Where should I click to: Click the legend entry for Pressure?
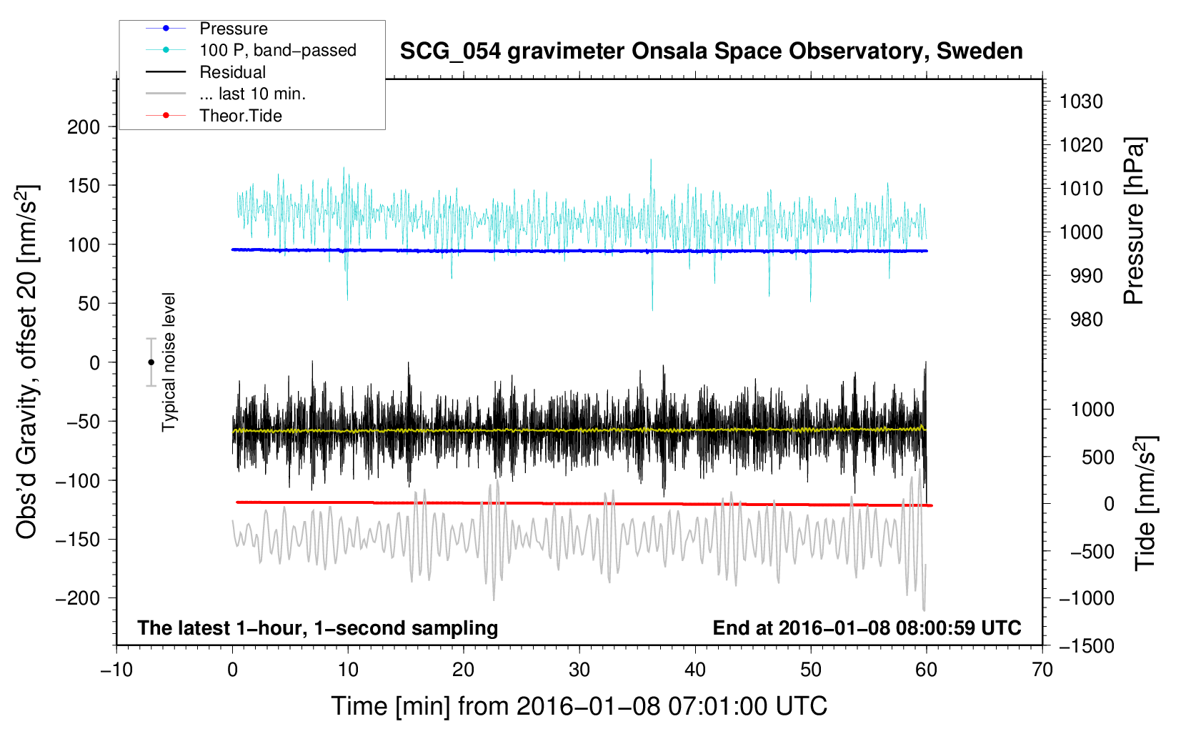tap(233, 29)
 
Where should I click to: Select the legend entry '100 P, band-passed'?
tap(277, 50)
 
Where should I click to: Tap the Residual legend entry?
tap(232, 72)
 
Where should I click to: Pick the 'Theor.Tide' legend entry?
tap(240, 116)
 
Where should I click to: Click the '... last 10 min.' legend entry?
tap(252, 94)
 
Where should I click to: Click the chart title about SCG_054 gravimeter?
tap(711, 51)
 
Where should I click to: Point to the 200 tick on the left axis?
tap(84, 127)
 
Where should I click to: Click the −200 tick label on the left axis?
tap(78, 598)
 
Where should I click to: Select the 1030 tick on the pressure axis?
tap(1081, 101)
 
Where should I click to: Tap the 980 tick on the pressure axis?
tap(1086, 319)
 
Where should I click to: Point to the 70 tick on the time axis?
tap(1042, 670)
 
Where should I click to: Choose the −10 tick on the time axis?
tap(116, 670)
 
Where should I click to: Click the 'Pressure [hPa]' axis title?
tap(1135, 222)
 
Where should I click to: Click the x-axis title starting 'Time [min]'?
tap(579, 706)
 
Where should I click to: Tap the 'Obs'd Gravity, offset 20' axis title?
tap(26, 362)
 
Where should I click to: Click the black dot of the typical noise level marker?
tap(151, 362)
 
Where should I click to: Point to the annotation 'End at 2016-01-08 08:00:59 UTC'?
tap(867, 628)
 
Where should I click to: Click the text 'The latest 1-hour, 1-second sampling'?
tap(318, 628)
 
